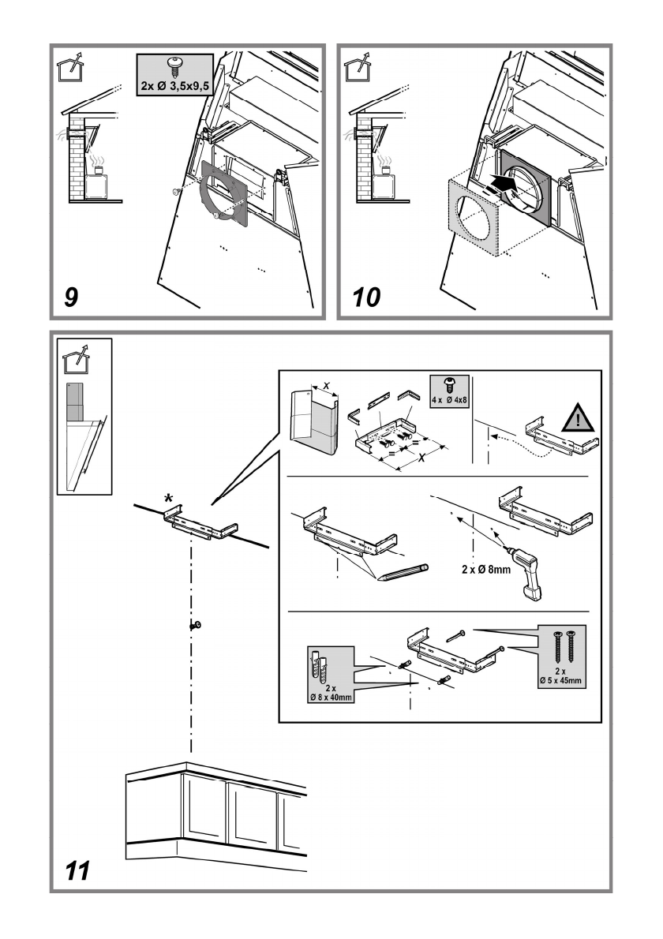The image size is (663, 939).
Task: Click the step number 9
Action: point(71,297)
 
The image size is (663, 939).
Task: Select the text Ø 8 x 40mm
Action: point(330,695)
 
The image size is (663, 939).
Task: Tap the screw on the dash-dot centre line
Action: point(194,626)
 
